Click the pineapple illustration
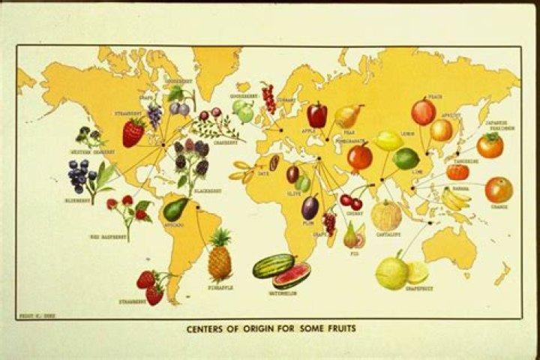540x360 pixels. [220, 256]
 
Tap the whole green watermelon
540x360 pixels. [273, 265]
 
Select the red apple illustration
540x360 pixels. [316, 115]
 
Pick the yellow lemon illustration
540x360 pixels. [389, 140]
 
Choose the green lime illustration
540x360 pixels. [406, 158]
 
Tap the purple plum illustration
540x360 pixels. [310, 207]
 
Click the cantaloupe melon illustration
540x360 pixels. [387, 216]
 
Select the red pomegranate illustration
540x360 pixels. [360, 157]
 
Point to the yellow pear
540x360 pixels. [348, 115]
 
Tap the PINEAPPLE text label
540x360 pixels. [220, 287]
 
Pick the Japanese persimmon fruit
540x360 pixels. [490, 145]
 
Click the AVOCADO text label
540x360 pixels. [174, 224]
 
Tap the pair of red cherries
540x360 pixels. [350, 201]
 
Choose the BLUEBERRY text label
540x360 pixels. [77, 200]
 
